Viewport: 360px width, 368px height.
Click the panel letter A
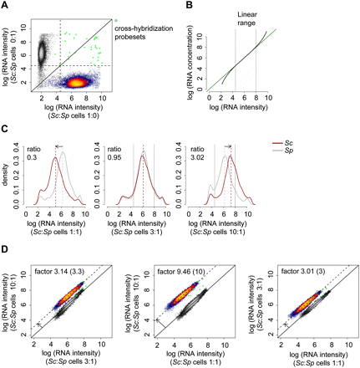click(x=6, y=6)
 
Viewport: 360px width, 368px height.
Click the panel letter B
click(x=197, y=6)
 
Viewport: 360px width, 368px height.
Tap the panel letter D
click(x=6, y=248)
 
